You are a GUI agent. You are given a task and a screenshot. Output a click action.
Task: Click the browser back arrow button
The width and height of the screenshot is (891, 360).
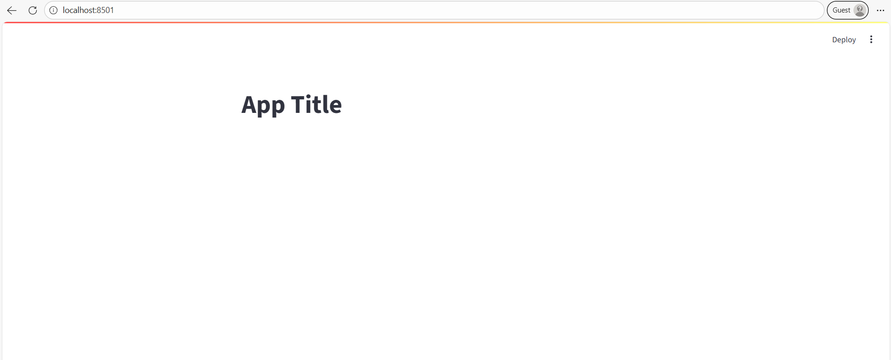(12, 10)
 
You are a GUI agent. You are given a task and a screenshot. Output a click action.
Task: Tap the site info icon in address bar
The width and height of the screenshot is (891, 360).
(53, 10)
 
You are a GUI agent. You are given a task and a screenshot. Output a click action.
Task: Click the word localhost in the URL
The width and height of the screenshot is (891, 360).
(79, 10)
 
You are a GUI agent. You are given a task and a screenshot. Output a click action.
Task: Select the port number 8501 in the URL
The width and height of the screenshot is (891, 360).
(105, 10)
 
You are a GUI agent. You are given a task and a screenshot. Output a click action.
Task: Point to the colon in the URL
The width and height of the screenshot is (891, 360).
(96, 10)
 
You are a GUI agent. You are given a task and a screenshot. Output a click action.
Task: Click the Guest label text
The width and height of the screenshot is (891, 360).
(841, 10)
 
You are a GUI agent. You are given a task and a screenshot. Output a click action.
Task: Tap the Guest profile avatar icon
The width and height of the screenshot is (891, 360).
(860, 10)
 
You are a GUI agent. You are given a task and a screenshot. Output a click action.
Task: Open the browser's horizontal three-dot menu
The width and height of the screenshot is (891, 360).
(880, 10)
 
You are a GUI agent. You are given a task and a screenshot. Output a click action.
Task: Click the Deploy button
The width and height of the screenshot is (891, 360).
(844, 40)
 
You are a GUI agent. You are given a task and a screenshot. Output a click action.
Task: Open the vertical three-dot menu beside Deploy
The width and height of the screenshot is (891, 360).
(871, 39)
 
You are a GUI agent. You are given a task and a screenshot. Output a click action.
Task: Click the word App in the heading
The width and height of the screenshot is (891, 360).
(262, 105)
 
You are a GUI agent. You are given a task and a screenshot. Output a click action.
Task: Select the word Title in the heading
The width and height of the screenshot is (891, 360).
(316, 105)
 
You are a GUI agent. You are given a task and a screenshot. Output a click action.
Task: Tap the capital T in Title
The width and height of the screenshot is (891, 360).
(299, 105)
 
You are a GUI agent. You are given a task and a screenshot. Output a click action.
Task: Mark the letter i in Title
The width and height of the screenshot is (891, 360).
(310, 105)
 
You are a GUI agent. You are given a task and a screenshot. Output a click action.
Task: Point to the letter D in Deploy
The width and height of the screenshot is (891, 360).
(835, 40)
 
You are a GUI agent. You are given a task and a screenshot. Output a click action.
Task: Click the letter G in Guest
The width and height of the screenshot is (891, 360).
(835, 10)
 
